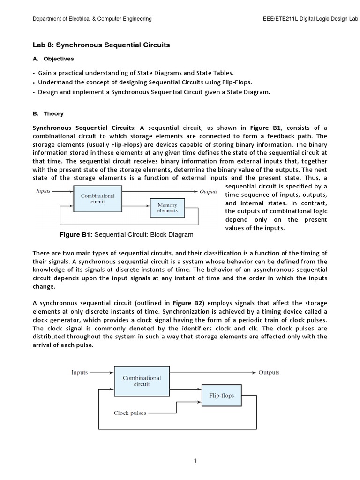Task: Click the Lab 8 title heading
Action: click(101, 45)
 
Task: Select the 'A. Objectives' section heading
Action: click(53, 59)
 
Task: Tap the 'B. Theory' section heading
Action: click(48, 113)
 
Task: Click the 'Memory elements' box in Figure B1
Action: click(167, 208)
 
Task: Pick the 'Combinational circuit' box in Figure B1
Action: click(97, 199)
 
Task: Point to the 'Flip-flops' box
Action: click(221, 396)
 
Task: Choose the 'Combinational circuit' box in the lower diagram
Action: click(142, 381)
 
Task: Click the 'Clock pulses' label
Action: click(130, 413)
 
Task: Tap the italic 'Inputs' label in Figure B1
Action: click(44, 191)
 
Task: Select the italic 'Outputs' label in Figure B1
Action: click(209, 191)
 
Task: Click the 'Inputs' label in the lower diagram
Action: click(79, 373)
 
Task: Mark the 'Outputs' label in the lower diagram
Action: click(269, 373)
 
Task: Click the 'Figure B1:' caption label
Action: click(76, 234)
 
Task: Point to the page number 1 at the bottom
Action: click(195, 461)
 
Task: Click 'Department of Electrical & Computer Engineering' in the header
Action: click(92, 19)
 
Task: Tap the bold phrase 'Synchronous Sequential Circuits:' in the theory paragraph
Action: click(84, 128)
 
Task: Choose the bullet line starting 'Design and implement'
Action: click(154, 92)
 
